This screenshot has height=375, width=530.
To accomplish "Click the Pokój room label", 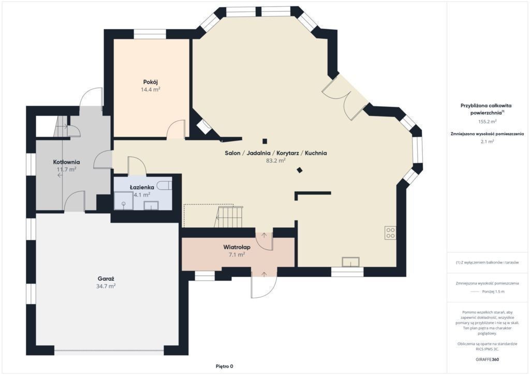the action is coord(151,82).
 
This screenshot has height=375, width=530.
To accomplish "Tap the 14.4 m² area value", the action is coord(151,90).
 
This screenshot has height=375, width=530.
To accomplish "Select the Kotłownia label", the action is coord(67,162).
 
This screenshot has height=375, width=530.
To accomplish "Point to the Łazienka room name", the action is coord(142,187).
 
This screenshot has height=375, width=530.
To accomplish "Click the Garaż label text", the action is coord(106,279).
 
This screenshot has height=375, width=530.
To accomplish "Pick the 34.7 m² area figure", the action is coord(106,286).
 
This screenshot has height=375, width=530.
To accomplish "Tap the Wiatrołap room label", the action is coord(237,247).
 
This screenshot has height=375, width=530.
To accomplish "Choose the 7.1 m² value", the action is coord(237,255).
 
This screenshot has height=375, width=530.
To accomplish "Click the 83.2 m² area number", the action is coord(276,161).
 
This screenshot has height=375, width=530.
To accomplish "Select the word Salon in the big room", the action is coord(232,153).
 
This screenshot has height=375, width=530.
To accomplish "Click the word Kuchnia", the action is coord(316,153).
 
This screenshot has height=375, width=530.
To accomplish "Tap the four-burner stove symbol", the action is coord(390,233).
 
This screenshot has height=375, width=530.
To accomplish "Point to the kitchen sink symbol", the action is coord(350,262).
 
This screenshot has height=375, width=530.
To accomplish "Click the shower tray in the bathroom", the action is coord(124,200).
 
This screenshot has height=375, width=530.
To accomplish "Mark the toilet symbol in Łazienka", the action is coord(166,185).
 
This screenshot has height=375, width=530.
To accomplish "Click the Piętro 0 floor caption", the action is coord(225,366).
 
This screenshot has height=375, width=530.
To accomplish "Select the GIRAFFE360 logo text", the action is coord(487,359).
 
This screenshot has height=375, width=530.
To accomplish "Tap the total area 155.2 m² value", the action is coord(487,121).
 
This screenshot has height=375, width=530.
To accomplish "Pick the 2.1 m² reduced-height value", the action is coord(487,142).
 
